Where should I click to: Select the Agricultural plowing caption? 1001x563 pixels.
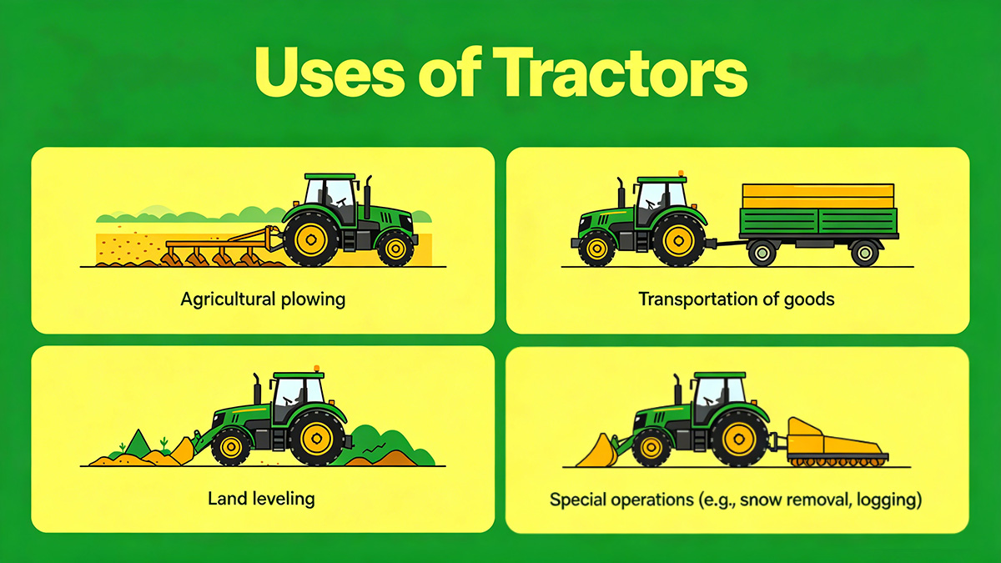pos(263,299)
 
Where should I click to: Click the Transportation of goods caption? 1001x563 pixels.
pos(737,298)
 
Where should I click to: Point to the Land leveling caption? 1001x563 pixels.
pos(261,499)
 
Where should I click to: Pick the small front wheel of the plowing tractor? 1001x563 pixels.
pos(395,247)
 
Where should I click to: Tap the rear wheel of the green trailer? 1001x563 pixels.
pos(864,252)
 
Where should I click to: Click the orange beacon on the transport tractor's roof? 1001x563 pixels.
pos(682,173)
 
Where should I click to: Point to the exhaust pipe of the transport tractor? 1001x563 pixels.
pos(620,194)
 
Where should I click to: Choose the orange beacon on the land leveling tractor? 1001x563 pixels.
pos(317,369)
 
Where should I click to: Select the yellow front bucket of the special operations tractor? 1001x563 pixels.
pos(599,451)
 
